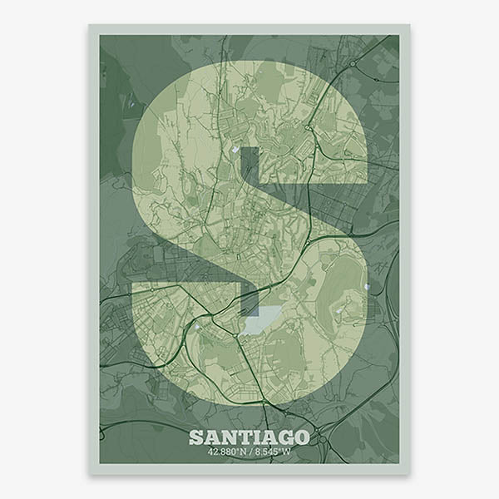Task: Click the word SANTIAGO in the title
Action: click(x=249, y=437)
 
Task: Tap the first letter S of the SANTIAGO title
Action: click(x=195, y=437)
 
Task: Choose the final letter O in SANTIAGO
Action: click(x=301, y=437)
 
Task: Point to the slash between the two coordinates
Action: click(x=250, y=453)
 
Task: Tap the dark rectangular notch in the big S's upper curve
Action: click(x=250, y=166)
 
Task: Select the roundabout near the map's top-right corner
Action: click(x=353, y=63)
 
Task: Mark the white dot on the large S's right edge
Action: click(x=365, y=288)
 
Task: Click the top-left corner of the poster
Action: click(x=90, y=25)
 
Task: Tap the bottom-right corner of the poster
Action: click(x=409, y=473)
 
